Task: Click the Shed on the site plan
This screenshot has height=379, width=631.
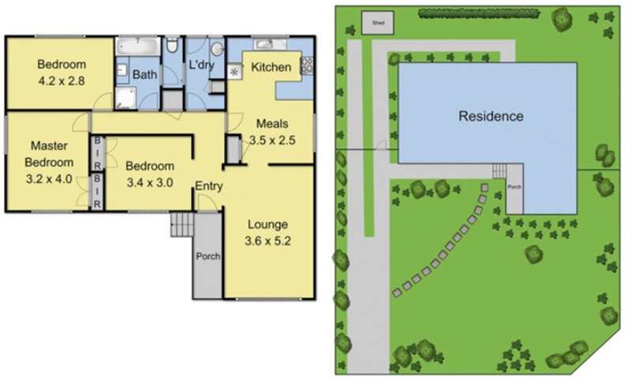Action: point(378,23)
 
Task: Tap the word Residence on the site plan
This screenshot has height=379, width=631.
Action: point(491,116)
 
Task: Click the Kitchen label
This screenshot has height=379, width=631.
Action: point(271,67)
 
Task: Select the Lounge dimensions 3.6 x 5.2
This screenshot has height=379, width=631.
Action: point(267,242)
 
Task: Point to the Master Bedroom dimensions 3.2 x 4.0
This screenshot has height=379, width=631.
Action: point(49,178)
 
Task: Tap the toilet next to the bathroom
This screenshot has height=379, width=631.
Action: point(172,45)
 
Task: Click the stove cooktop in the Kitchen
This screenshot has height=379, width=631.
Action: point(307,66)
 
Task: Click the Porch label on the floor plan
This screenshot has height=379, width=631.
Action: point(208,256)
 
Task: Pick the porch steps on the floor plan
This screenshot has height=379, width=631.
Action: point(182,224)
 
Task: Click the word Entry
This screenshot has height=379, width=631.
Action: point(209,186)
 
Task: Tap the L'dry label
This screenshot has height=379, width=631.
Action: point(202,65)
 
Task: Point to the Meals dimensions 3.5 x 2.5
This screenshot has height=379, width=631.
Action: point(272,141)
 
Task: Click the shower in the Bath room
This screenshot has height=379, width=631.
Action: point(125,98)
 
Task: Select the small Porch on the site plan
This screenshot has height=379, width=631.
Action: point(514,189)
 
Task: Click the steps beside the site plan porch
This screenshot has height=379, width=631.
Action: point(499,171)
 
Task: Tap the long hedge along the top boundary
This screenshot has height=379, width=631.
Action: point(479,13)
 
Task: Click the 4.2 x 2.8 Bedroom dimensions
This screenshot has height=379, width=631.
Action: point(62,81)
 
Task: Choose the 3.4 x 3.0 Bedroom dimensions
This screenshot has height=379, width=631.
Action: point(150,183)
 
